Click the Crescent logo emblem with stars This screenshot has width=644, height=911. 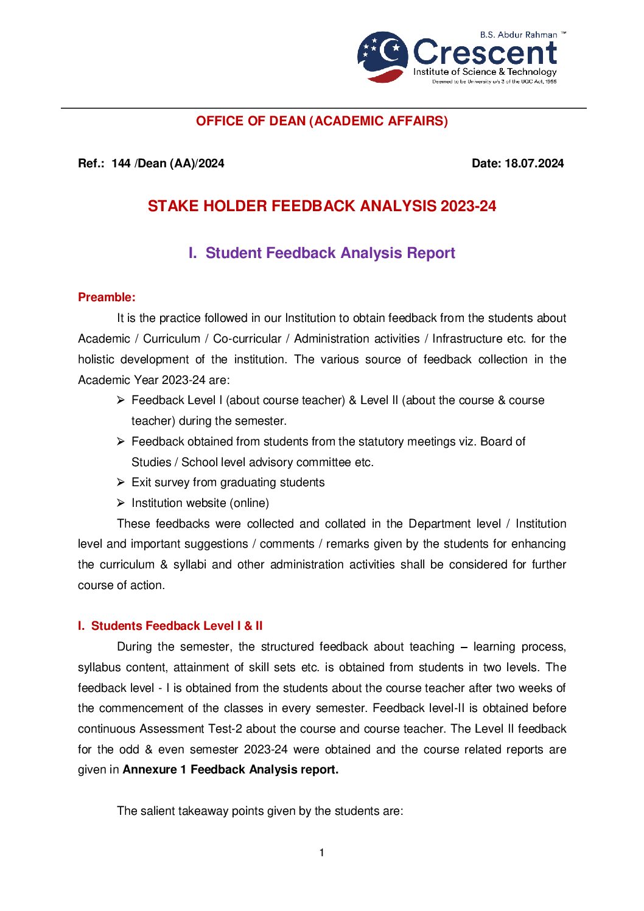coord(382,57)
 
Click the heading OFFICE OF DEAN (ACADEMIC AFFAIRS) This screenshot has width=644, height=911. coord(321,121)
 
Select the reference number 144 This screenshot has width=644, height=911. coord(121,163)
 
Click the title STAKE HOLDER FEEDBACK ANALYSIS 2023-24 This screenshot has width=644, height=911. coord(321,206)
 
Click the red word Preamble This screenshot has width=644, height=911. coord(106,297)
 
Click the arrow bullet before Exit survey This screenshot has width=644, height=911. coord(121,482)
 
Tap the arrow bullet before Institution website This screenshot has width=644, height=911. coord(121,503)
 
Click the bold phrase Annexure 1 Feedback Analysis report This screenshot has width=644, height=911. coord(230,769)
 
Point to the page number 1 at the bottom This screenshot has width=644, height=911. coord(321,853)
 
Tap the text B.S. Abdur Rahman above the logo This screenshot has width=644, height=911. coord(518,35)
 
